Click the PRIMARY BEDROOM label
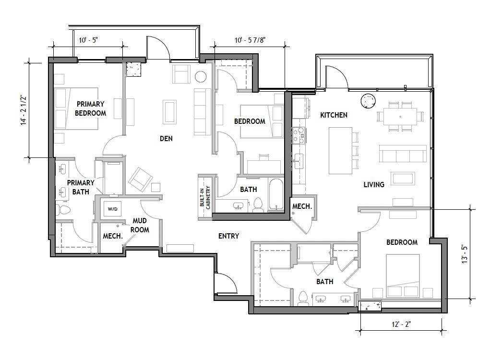[90, 108]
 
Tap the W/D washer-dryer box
[112, 209]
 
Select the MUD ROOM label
[140, 226]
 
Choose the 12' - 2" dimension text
[401, 324]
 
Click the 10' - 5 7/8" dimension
[250, 40]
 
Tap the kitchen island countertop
[340, 150]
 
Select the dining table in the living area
[400, 116]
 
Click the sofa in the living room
[403, 154]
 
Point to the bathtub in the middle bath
[276, 194]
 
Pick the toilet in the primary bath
[63, 210]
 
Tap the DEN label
[166, 139]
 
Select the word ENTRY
[228, 236]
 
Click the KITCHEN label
[334, 115]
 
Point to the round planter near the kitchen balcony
[368, 101]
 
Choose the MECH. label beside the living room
[302, 206]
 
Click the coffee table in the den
[169, 111]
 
